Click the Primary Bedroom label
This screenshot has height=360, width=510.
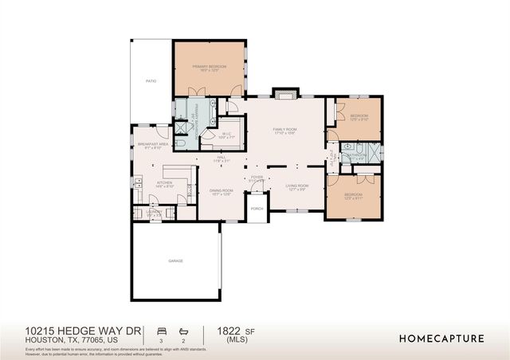[209, 67]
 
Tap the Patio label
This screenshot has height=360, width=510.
[151, 81]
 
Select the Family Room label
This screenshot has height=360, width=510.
[284, 130]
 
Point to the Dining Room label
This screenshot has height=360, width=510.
[221, 190]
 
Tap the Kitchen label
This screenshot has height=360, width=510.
[164, 183]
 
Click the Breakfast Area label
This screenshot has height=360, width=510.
[152, 145]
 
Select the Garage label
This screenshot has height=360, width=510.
[175, 261]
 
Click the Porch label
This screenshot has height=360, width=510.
[257, 208]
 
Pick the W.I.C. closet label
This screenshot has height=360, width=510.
[226, 135]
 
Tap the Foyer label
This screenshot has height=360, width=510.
[257, 178]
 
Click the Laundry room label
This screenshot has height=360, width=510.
[155, 212]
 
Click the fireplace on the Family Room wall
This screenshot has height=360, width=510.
[284, 94]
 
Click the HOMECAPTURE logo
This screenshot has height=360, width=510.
[441, 338]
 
